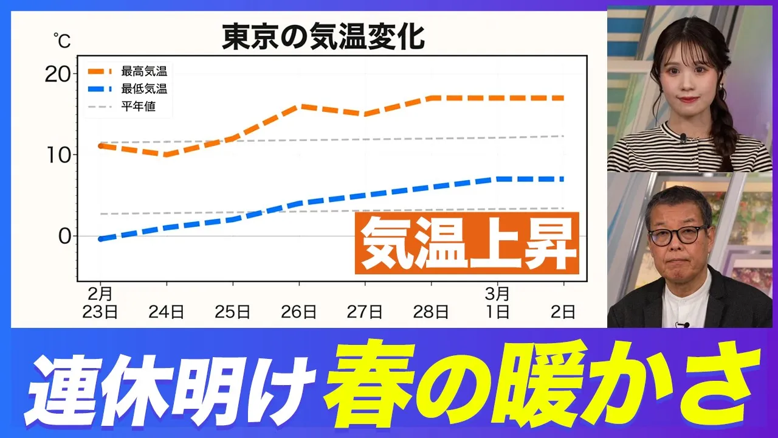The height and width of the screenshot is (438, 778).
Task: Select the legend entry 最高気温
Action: pos(144,71)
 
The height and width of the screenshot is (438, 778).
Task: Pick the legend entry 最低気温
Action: pos(144,89)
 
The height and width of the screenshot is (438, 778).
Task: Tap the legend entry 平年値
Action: pos(139,106)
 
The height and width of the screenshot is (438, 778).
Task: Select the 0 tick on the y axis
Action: pos(64,236)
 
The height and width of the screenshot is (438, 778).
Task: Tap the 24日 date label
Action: pos(167,312)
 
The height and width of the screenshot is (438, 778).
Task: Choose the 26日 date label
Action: pos(298,312)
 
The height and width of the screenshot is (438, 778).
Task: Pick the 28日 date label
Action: pos(431,312)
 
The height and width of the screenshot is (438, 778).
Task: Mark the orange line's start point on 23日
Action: pos(101,146)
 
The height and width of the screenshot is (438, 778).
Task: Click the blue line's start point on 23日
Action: pos(101,239)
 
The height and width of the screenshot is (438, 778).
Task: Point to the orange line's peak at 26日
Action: pos(299,106)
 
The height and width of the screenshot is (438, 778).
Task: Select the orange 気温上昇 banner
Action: pos(467,243)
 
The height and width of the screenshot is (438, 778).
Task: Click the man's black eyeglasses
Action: pos(677,235)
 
